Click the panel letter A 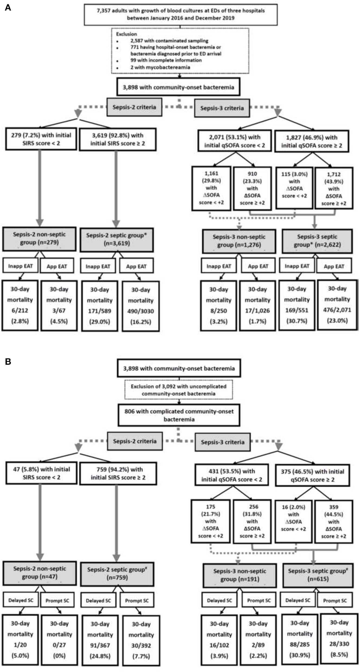[8, 8]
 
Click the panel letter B [8, 361]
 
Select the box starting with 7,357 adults [180, 15]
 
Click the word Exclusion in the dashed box [127, 34]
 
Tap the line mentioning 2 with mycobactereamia [160, 67]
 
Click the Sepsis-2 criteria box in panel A [134, 107]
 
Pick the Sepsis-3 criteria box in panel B [222, 442]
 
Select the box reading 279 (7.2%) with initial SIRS [41, 139]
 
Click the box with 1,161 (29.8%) [211, 188]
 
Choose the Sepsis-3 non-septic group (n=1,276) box [239, 241]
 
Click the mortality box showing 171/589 [99, 306]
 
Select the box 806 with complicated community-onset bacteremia [179, 415]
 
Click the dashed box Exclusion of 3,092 [179, 390]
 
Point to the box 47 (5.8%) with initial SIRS [41, 473]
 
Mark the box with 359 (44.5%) [334, 521]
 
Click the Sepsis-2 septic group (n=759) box [117, 574]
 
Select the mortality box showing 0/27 [59, 639]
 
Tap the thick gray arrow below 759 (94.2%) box [116, 523]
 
